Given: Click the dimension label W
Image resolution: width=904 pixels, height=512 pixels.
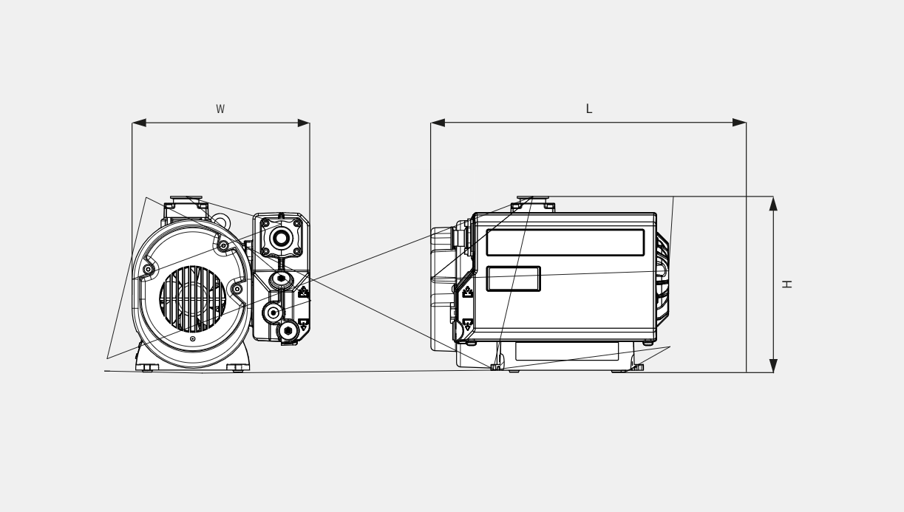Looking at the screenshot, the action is tap(220, 109).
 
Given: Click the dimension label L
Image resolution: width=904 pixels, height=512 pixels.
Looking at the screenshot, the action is tap(589, 109).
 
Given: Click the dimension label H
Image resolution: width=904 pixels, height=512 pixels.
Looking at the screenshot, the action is tap(787, 284).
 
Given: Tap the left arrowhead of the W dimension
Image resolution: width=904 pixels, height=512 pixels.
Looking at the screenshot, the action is tap(139, 123).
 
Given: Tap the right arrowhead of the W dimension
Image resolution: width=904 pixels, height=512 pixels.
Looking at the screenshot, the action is tap(304, 123).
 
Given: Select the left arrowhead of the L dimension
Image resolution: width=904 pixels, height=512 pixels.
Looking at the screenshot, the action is tap(438, 123).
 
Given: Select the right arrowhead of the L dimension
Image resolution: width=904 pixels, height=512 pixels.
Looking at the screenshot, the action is tap(739, 123).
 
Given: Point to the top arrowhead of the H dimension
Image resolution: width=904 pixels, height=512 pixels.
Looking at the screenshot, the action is tap(773, 204).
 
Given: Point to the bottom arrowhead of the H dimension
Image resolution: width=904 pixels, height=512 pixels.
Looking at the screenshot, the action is tap(773, 366).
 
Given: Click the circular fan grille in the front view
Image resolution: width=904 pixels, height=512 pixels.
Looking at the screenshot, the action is tap(192, 299).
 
